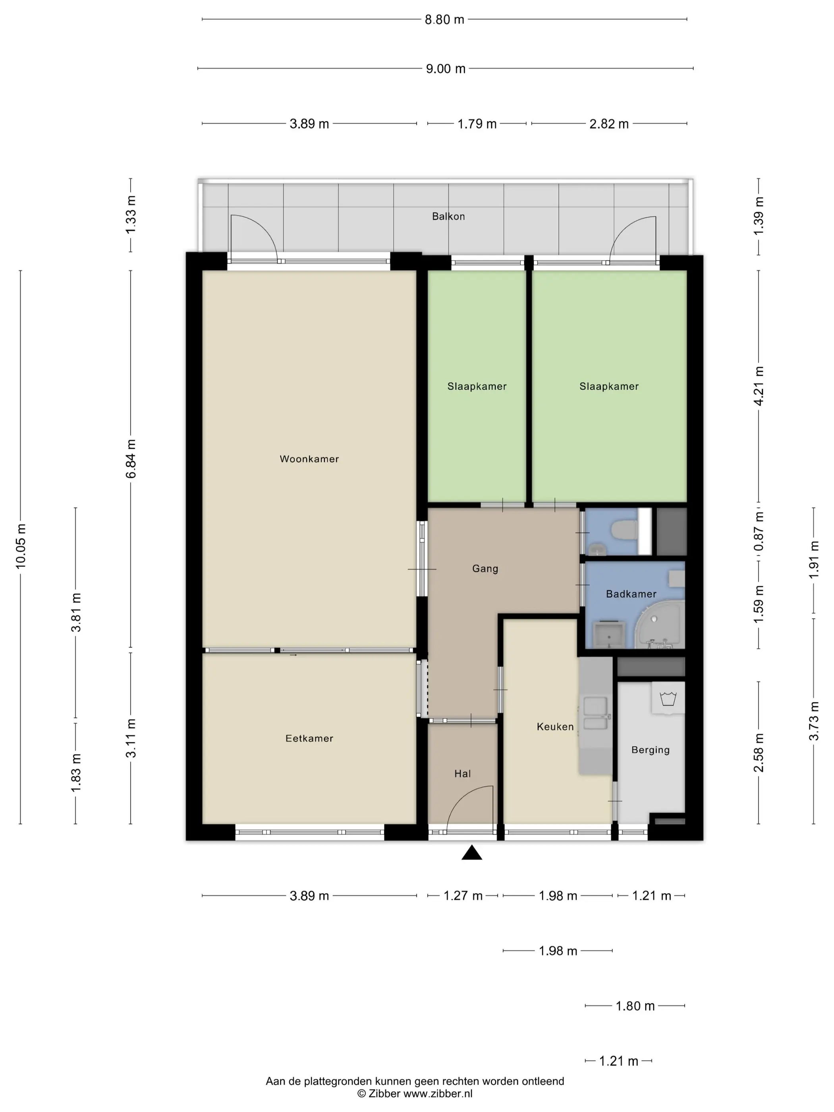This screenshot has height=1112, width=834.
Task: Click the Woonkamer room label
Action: point(309,459)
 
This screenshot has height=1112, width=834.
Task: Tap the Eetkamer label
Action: point(309,738)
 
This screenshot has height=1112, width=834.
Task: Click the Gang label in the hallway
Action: point(485,569)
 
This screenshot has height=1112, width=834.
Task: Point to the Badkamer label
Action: point(631,594)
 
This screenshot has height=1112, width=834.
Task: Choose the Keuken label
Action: point(555,727)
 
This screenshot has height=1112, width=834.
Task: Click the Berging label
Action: point(651,750)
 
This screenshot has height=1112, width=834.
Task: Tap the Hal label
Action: point(463,774)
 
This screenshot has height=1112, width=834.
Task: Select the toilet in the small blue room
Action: point(624,530)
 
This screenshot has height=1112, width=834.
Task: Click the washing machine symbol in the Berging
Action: point(668,699)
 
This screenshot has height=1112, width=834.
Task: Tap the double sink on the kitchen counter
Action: point(595,714)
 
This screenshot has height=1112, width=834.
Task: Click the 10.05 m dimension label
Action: point(21,546)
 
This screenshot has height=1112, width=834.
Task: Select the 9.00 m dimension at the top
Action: point(446,69)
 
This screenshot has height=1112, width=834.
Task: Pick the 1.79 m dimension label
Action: point(477,124)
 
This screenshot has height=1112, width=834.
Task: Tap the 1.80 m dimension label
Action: point(635,1006)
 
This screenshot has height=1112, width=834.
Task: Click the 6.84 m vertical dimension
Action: point(131,459)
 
